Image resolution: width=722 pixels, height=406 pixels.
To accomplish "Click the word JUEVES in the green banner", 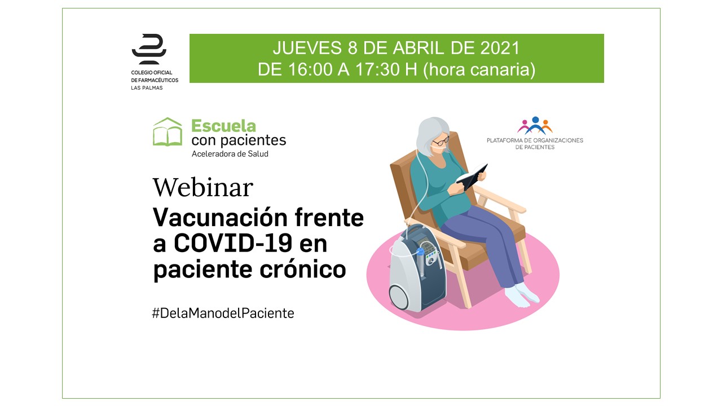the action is pos(307,48).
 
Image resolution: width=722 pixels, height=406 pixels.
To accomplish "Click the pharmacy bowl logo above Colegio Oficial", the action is pos(149,49).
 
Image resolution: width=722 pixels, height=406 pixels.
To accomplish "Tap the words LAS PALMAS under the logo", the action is pos(147,88).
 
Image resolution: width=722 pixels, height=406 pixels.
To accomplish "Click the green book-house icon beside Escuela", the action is pos(168,131).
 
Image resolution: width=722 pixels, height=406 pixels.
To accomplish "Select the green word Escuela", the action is pos(224,126).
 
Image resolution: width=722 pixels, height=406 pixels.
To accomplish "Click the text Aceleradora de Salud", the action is pos(230,154).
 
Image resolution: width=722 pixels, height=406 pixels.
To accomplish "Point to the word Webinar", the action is pos(203,187).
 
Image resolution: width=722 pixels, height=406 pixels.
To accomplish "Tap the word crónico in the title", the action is pos(303,269).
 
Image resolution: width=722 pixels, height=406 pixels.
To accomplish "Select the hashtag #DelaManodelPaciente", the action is pos(223,313).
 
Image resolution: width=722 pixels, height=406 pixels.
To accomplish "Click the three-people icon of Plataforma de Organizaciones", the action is pos(535,125).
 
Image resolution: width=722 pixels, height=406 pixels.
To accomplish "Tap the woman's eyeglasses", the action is pos(441,141).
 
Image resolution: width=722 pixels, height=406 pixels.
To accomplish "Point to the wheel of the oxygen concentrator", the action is pos(399,297).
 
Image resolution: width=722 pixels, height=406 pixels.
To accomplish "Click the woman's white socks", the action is pos(521,295).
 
